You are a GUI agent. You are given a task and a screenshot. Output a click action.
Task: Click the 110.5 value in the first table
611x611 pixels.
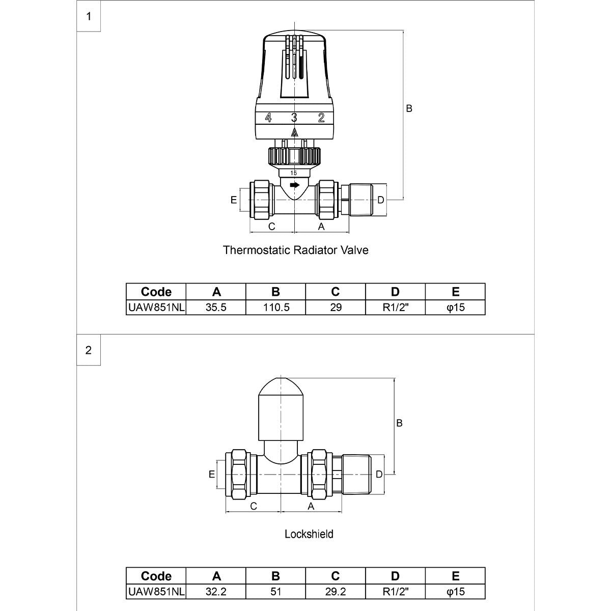coord(275,308)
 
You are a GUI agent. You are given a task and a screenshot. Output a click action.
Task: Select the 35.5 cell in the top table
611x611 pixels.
coord(216,308)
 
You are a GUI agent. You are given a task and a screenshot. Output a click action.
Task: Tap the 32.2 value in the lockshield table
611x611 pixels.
coord(216,592)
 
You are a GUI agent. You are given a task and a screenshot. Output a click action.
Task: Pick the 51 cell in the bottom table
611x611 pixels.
coord(275,592)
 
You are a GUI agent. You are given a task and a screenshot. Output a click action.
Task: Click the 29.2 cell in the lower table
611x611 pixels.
coord(336,592)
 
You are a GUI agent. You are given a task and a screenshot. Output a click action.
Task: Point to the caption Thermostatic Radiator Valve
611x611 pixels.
coord(295,251)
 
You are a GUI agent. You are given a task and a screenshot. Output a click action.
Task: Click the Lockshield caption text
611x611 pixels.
coord(309,534)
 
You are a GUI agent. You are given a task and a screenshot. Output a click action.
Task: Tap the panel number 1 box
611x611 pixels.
coord(89,16)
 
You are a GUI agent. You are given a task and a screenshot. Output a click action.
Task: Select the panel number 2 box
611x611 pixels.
coord(89,350)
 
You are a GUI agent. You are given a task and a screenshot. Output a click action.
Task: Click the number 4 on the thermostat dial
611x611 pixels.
coord(268,118)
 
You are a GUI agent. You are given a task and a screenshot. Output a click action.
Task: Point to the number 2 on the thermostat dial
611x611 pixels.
coord(321,118)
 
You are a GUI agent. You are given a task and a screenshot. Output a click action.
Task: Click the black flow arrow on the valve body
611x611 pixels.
coord(294,185)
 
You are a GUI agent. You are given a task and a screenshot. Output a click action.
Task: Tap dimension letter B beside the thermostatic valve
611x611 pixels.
coord(409,108)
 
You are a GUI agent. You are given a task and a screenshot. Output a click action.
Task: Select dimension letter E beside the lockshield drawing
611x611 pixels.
coord(211,474)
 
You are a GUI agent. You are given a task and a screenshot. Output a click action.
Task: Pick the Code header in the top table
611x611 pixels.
coord(156,292)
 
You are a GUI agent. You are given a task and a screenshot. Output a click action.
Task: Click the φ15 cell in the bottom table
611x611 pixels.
coord(455,592)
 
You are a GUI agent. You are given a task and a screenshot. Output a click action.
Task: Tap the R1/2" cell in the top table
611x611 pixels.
coord(395,308)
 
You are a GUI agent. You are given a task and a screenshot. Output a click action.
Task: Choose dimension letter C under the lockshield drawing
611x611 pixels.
coord(253,507)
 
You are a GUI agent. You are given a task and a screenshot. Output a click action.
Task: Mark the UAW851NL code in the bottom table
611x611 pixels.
coord(156,592)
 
